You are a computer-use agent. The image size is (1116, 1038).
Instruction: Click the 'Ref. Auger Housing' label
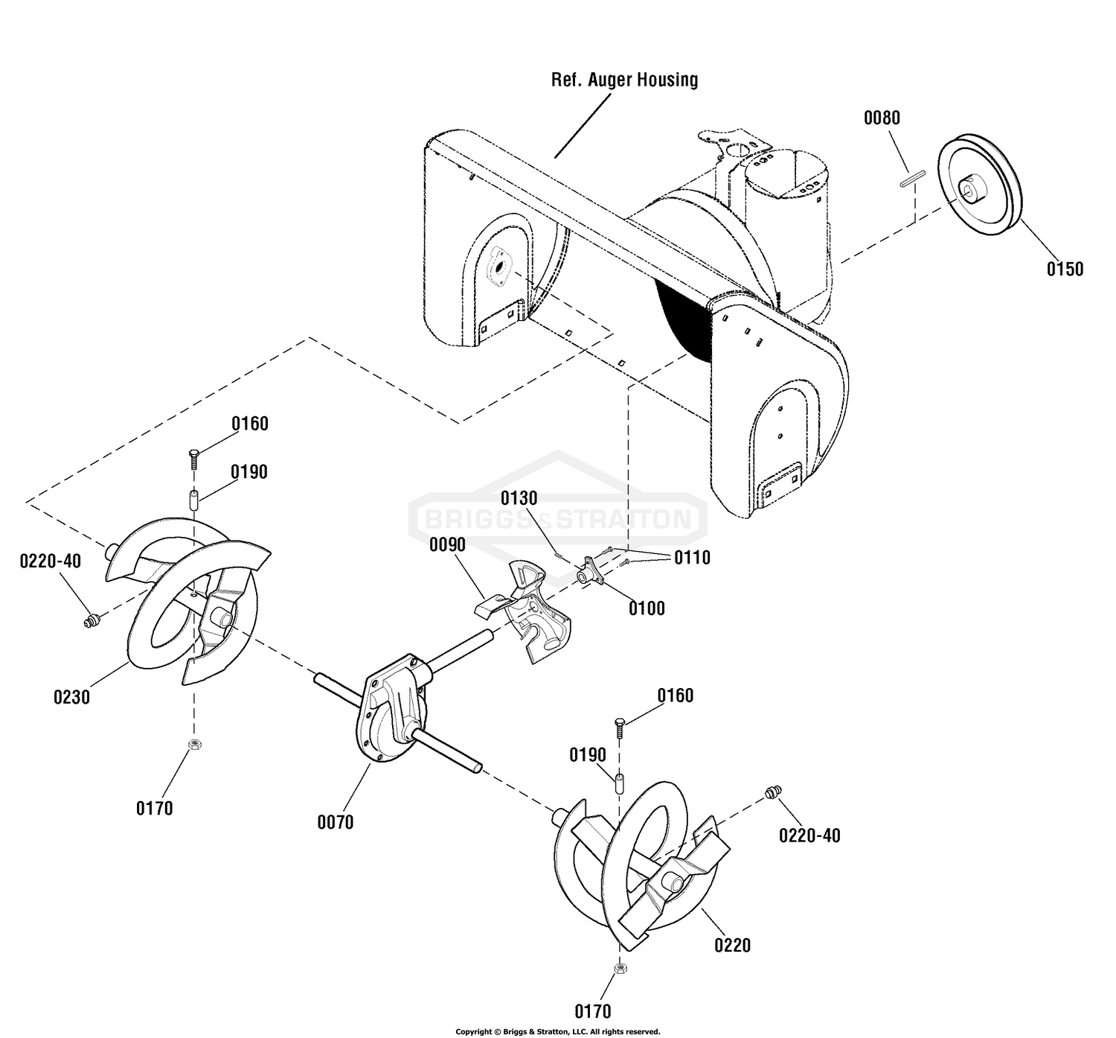(x=624, y=80)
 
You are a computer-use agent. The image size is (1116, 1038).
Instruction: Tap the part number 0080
(x=882, y=118)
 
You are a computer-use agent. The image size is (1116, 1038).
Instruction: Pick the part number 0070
(x=336, y=823)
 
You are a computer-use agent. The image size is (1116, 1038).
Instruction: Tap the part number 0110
(x=693, y=558)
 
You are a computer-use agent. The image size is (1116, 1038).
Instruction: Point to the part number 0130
(x=519, y=498)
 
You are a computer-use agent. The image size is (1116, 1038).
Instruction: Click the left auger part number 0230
(x=71, y=698)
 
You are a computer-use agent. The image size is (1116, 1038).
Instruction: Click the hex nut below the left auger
(x=194, y=745)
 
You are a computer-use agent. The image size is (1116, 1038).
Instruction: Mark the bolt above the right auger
(x=620, y=729)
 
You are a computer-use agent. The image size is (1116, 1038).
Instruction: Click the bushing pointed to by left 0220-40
(x=91, y=621)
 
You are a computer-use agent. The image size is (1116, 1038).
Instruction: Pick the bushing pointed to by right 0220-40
(x=774, y=792)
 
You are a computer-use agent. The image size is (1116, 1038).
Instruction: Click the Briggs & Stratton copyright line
(x=557, y=1032)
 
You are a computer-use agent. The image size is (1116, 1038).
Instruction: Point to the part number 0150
(x=1065, y=269)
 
